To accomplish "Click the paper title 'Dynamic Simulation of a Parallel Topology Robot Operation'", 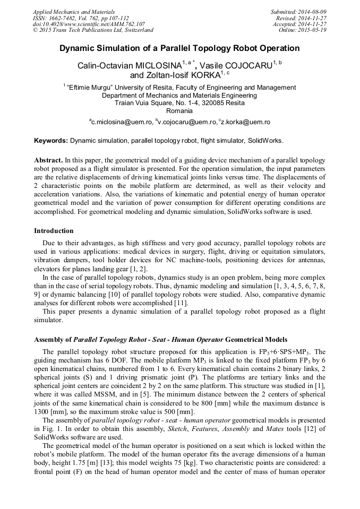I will click(x=179, y=48).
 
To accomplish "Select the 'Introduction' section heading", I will click(x=54, y=231).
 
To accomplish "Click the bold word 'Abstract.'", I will click(x=48, y=160).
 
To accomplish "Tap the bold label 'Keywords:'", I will click(x=51, y=141).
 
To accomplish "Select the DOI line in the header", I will click(x=89, y=24).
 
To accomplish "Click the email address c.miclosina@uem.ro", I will click(x=121, y=122).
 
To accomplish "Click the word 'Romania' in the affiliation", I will click(x=179, y=111).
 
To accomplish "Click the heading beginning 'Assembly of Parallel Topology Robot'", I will click(x=160, y=339).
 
